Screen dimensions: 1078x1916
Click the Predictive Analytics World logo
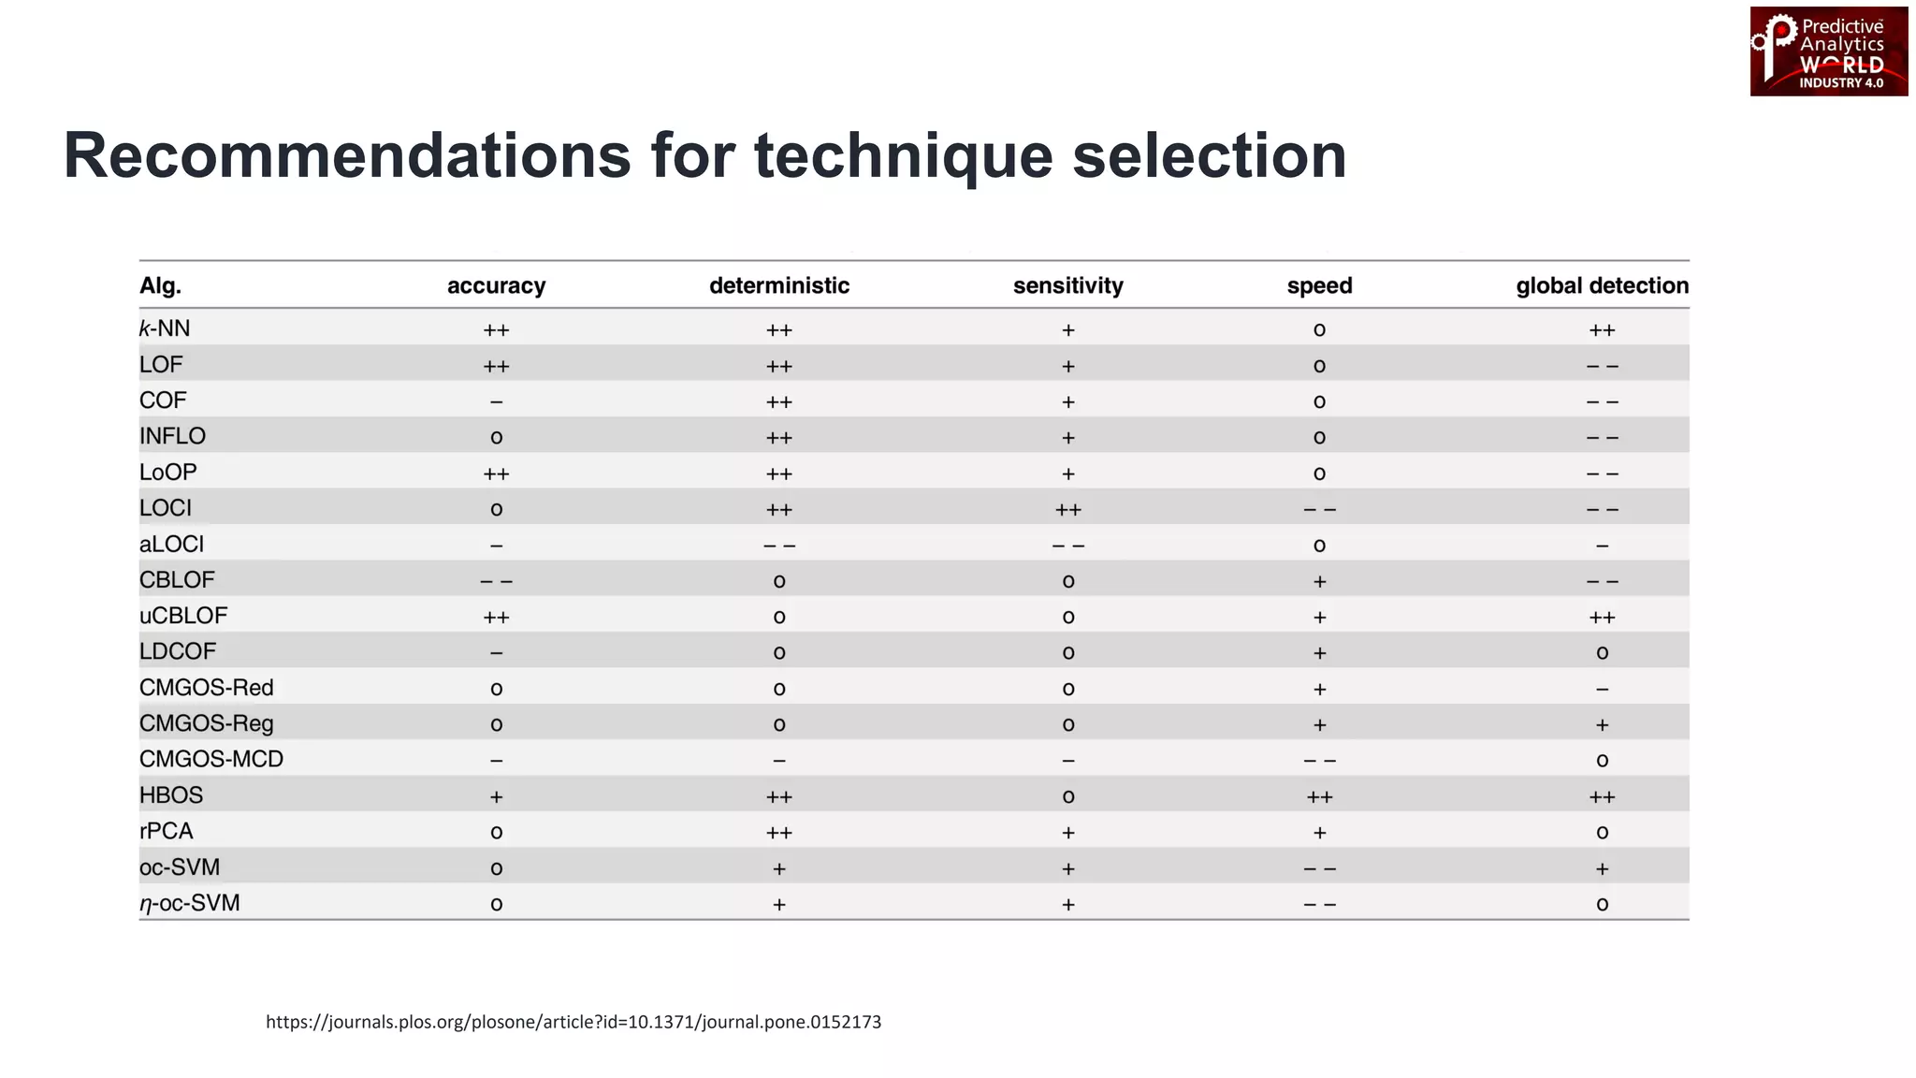pyautogui.click(x=1828, y=51)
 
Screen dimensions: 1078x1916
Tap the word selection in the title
pyautogui.click(x=1209, y=155)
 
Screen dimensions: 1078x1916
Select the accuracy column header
pyautogui.click(x=496, y=285)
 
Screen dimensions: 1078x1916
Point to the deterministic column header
pyautogui.click(x=779, y=285)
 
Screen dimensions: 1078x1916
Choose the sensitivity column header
pyautogui.click(x=1067, y=285)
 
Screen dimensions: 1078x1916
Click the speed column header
pyautogui.click(x=1319, y=285)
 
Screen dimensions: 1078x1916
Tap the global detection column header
pyautogui.click(x=1602, y=285)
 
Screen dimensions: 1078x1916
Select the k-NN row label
pyautogui.click(x=165, y=328)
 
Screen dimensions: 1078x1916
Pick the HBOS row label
pyautogui.click(x=171, y=795)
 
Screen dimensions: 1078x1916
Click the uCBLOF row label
pyautogui.click(x=183, y=616)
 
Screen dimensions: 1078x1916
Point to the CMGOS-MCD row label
pyautogui.click(x=211, y=759)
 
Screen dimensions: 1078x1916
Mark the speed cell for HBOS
pyautogui.click(x=1319, y=797)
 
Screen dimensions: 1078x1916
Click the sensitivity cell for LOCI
pyautogui.click(x=1067, y=510)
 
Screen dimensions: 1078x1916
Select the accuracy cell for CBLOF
pyautogui.click(x=496, y=581)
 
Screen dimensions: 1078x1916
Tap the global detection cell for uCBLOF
pyautogui.click(x=1602, y=618)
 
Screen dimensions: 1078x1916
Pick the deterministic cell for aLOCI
pyautogui.click(x=779, y=546)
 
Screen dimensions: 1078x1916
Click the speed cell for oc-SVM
pyautogui.click(x=1319, y=869)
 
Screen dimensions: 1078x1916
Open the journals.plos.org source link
pyautogui.click(x=573, y=1022)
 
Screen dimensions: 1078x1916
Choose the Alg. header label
pyautogui.click(x=161, y=285)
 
